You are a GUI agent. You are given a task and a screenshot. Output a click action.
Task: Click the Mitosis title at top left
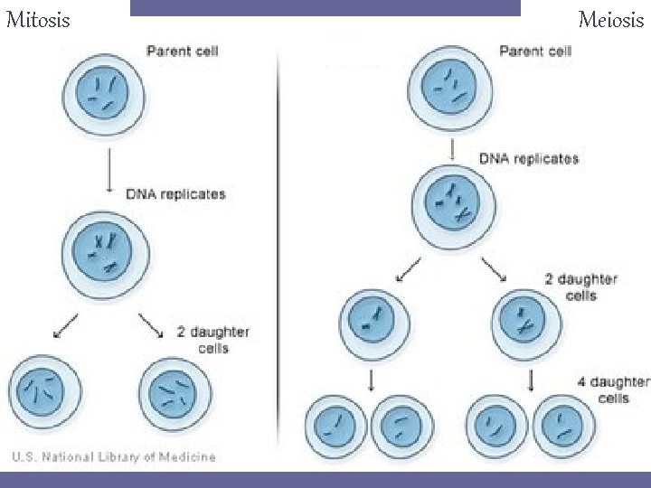[x=37, y=19]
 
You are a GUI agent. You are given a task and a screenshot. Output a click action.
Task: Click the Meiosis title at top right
[x=610, y=19]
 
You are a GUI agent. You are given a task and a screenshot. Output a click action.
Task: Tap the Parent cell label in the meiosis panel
[x=535, y=51]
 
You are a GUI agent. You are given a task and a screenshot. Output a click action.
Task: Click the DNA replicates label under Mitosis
[x=176, y=194]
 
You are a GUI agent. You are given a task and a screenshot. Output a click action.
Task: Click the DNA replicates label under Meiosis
[x=529, y=159]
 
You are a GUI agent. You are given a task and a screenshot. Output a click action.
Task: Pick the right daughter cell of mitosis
[x=175, y=395]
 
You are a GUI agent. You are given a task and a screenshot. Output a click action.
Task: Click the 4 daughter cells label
[x=613, y=389]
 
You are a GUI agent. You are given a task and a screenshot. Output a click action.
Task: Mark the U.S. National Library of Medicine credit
[x=114, y=457]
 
